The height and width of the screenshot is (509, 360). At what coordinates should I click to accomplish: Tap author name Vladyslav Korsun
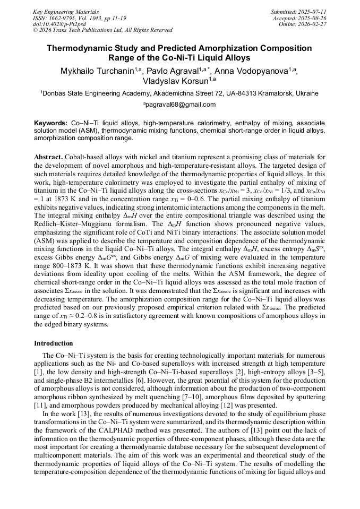click(176, 82)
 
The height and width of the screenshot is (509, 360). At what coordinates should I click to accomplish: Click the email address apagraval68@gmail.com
click(180, 105)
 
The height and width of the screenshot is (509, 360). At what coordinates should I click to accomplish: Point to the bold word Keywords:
click(51, 123)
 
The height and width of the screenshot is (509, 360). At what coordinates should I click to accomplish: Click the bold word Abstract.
click(48, 158)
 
